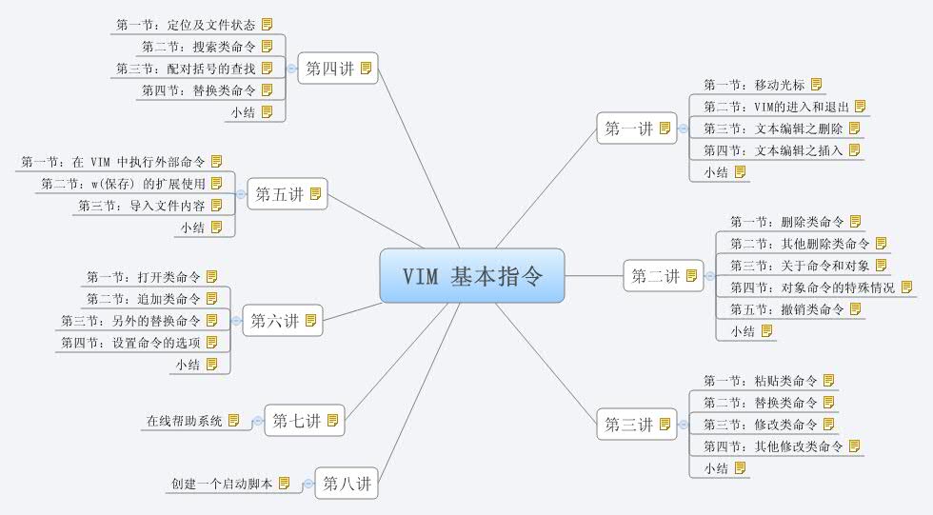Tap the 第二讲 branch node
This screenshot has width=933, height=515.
click(x=656, y=277)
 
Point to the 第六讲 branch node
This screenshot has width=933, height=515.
click(x=274, y=321)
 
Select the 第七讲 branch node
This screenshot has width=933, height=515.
click(x=296, y=420)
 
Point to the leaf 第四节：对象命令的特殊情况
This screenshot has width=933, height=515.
click(x=812, y=287)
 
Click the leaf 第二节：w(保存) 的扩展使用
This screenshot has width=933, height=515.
click(x=124, y=183)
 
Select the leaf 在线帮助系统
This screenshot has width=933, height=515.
click(x=184, y=421)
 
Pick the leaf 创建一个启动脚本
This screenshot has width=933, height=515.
click(x=222, y=485)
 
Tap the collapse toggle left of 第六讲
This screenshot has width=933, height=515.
click(x=236, y=321)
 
